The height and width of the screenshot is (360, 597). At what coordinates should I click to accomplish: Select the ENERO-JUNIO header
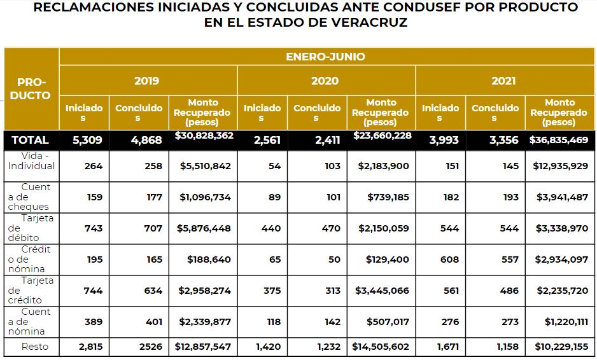325,57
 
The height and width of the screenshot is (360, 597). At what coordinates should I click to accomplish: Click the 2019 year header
147,81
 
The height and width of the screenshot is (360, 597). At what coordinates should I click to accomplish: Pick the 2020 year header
325,81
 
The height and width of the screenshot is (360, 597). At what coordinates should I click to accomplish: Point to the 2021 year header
503,81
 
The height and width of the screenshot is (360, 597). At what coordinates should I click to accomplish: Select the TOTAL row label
31,140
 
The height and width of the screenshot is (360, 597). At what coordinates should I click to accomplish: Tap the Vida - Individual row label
32,161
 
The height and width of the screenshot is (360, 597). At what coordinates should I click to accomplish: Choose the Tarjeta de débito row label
32,228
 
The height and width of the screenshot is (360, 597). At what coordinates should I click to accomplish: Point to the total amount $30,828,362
204,135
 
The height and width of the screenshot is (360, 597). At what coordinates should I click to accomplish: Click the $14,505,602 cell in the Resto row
381,347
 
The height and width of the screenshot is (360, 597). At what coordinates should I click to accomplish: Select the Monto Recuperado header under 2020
381,112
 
